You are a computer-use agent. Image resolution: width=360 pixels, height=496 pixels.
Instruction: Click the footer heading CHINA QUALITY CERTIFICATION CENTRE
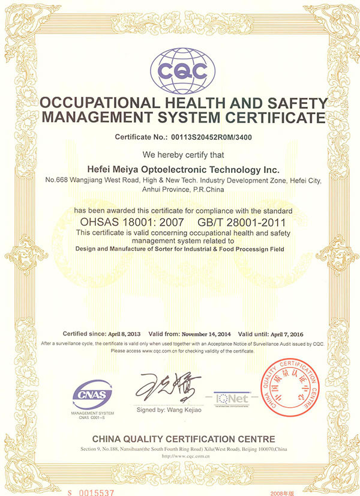180,439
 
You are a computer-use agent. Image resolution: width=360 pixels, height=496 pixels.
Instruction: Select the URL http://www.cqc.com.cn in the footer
180,456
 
